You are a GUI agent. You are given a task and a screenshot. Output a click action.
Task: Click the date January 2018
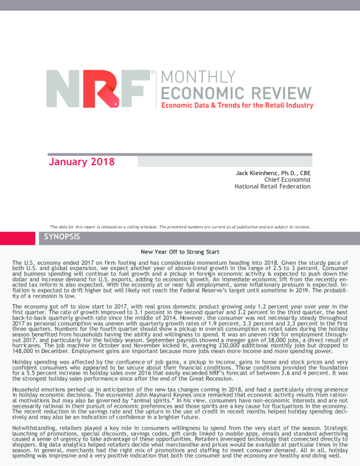(81, 161)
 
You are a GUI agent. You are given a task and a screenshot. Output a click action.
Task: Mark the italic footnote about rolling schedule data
(179, 227)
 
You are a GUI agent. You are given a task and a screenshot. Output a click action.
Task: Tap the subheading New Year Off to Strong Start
(180, 251)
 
